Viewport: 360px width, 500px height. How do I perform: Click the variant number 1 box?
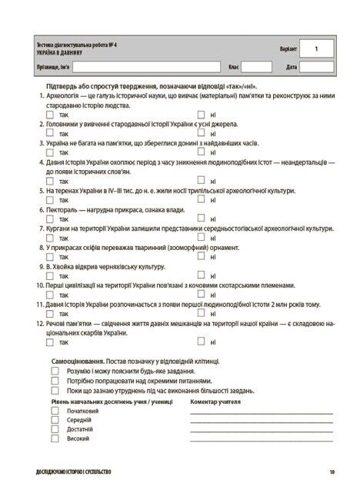pos(315,48)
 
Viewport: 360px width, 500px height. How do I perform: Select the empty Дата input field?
pos(315,67)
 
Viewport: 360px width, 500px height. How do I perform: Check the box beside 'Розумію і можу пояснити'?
pos(55,370)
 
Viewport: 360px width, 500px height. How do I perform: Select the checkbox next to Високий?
pos(55,438)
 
